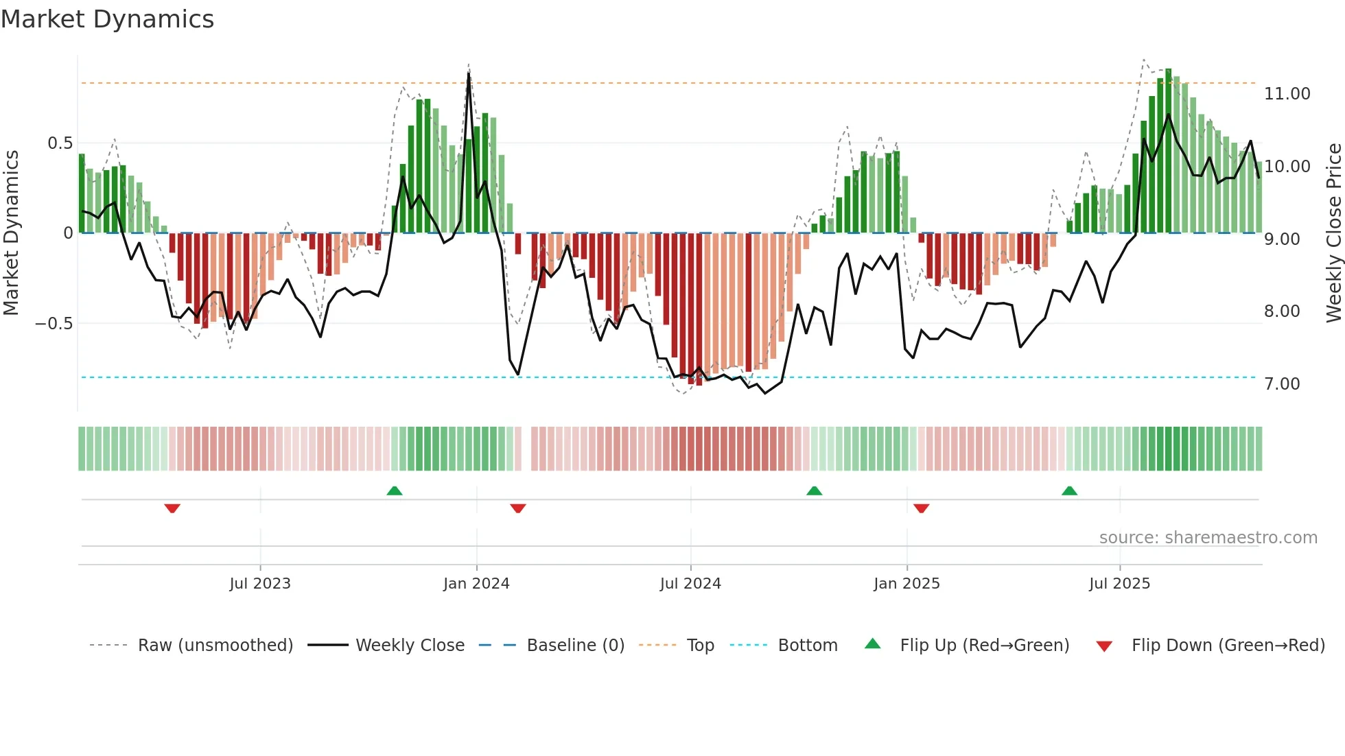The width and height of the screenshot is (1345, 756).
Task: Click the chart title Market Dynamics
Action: (x=107, y=19)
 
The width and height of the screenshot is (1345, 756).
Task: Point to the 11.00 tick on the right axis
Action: (x=1287, y=94)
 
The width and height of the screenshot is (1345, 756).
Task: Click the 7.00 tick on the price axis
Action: (x=1281, y=384)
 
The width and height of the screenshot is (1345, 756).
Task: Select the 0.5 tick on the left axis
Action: (x=60, y=143)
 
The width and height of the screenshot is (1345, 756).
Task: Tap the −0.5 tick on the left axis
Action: (x=54, y=324)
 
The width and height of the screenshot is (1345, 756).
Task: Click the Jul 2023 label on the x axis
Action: (x=260, y=584)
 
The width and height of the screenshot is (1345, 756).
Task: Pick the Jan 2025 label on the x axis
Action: (x=907, y=584)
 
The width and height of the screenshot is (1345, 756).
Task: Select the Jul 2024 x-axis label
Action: (x=690, y=584)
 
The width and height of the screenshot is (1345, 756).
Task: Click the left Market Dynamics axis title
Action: (x=11, y=233)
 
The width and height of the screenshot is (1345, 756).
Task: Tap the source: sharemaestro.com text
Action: (x=1208, y=538)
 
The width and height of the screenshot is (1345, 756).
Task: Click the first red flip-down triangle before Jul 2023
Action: (x=172, y=508)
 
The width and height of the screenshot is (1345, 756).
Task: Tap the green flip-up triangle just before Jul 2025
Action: (x=1069, y=491)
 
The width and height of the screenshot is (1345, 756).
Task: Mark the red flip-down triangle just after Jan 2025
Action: (x=922, y=508)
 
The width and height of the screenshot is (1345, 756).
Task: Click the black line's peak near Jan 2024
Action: (x=469, y=74)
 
